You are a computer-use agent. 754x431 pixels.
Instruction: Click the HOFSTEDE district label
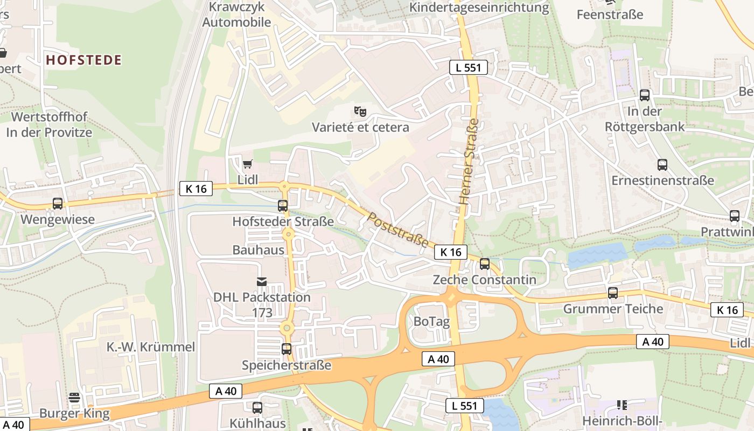[83, 60]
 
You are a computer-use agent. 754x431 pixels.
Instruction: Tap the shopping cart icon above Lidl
[247, 164]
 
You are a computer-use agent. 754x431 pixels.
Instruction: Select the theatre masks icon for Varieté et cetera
[360, 112]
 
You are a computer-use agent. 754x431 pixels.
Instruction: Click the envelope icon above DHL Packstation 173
[262, 281]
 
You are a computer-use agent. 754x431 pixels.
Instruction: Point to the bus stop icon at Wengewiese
[58, 204]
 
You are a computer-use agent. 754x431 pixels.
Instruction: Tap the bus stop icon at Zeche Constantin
[485, 264]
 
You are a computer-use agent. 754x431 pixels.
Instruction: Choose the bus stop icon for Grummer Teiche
[613, 293]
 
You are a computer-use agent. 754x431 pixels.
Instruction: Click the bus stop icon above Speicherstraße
[287, 349]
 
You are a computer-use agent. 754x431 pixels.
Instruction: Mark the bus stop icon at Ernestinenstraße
[662, 165]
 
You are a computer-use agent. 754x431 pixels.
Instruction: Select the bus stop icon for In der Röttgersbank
[645, 95]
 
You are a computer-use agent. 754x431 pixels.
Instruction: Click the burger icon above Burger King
[74, 398]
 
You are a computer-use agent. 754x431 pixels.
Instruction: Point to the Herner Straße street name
[469, 161]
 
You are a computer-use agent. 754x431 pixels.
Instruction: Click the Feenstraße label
[610, 15]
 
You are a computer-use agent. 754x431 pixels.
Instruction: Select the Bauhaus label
[258, 250]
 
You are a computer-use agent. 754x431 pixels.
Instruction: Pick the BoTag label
[431, 321]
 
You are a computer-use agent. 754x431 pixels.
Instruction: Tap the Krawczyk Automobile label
[236, 15]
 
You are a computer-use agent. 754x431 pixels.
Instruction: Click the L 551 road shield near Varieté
[469, 67]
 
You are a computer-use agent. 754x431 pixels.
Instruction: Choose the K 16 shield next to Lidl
[196, 189]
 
